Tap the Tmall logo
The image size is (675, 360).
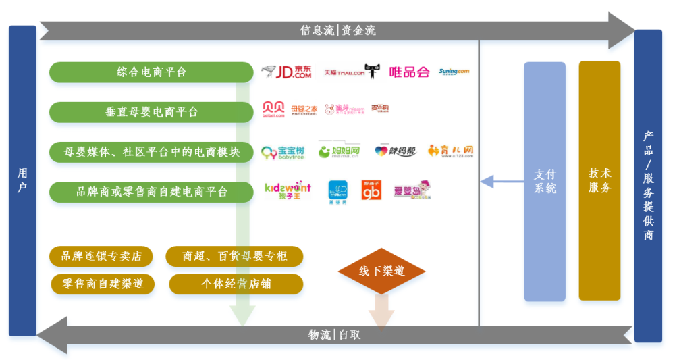tap(352, 72)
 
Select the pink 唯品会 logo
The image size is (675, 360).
tap(409, 72)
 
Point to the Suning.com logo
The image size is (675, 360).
tap(454, 71)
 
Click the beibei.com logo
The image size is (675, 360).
tap(273, 110)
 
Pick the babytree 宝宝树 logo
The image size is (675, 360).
tap(282, 152)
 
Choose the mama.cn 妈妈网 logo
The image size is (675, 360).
tap(340, 151)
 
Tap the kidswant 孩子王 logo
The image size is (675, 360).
tap(287, 190)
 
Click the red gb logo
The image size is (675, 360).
tap(371, 190)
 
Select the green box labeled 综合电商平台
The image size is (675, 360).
tap(142, 72)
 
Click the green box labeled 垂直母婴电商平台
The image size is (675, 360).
tap(142, 112)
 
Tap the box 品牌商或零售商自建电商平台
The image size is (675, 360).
tap(142, 192)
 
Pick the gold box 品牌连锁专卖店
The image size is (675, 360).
tap(101, 256)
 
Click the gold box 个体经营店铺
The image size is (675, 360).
tap(236, 284)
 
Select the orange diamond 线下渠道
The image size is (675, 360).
tap(381, 271)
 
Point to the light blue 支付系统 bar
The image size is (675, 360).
tap(545, 181)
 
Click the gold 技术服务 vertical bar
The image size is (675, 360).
tap(599, 180)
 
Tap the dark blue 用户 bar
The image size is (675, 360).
tap(22, 181)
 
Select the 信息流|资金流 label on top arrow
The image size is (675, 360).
tap(337, 30)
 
